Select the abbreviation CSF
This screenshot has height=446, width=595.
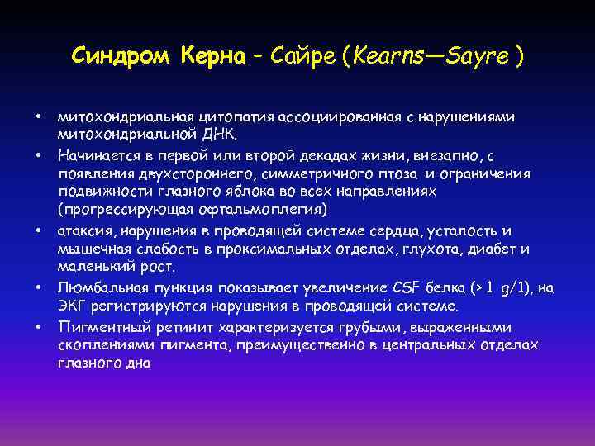(398, 287)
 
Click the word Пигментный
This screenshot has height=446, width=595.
(102, 326)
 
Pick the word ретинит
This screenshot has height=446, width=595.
(182, 326)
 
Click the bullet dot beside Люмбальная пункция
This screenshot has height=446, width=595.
(39, 288)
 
